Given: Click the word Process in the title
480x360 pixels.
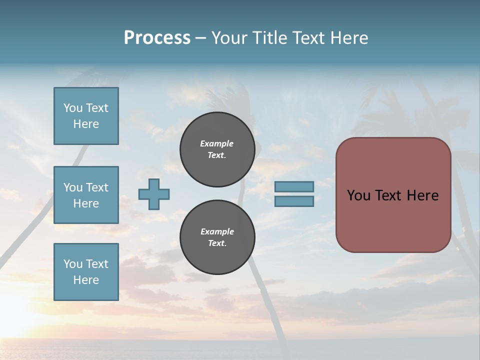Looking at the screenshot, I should pos(157,38).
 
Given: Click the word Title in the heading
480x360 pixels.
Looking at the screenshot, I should pos(270,38).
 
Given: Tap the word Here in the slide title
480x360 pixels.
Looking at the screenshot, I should pos(347,38).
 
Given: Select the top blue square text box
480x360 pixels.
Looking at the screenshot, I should pos(86,116).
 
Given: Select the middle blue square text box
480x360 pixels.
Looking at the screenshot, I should pos(86,195).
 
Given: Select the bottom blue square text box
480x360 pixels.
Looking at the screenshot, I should pos(86,272).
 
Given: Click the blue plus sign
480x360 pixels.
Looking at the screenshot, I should pos(154,194).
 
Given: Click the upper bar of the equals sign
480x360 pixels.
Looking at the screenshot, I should pos(294,186).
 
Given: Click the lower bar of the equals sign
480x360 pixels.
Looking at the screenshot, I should pos(294,201).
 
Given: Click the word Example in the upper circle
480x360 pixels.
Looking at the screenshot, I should pos(216,143).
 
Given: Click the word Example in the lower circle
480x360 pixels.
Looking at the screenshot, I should pos(217,231).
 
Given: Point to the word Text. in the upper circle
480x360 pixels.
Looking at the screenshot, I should pos(217,155).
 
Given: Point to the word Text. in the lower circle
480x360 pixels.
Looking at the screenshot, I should pos(217,243).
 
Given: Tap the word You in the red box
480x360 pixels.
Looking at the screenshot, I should pos(358,195).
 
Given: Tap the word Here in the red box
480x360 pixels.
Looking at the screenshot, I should pos(422,195).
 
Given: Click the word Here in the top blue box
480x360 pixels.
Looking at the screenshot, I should pos(86,124).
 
